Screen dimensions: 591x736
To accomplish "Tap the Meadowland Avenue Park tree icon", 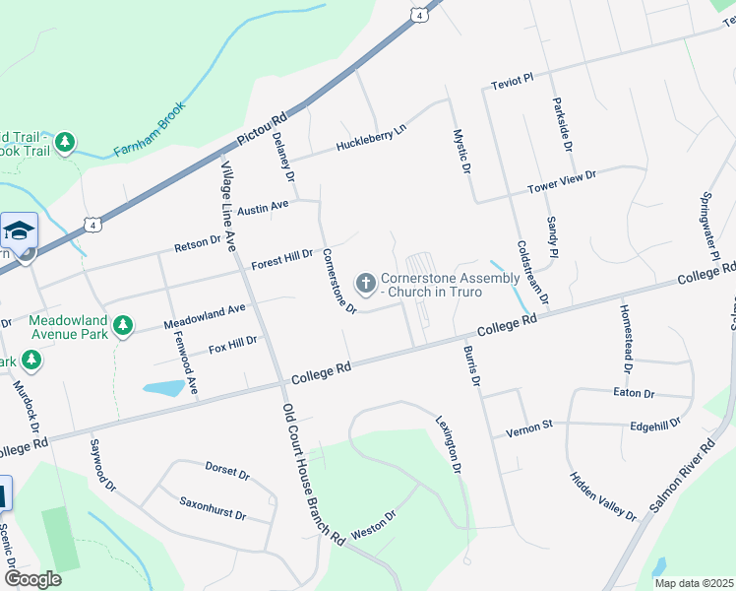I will point(122,325).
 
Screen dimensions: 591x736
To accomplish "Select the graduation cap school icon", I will point(19,231).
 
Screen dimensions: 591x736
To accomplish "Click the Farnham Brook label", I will point(150,132).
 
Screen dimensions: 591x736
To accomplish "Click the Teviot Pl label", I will point(512,78).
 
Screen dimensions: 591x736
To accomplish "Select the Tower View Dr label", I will point(562,180).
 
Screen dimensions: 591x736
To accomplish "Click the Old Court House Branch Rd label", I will point(313,474).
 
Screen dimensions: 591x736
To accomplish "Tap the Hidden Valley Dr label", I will point(603,495).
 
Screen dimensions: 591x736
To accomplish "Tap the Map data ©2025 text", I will point(694,583).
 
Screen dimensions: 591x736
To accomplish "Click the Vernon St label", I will point(530,428).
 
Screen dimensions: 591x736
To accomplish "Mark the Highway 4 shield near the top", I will point(420,16).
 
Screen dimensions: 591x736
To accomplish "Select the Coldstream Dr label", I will point(531,271).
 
